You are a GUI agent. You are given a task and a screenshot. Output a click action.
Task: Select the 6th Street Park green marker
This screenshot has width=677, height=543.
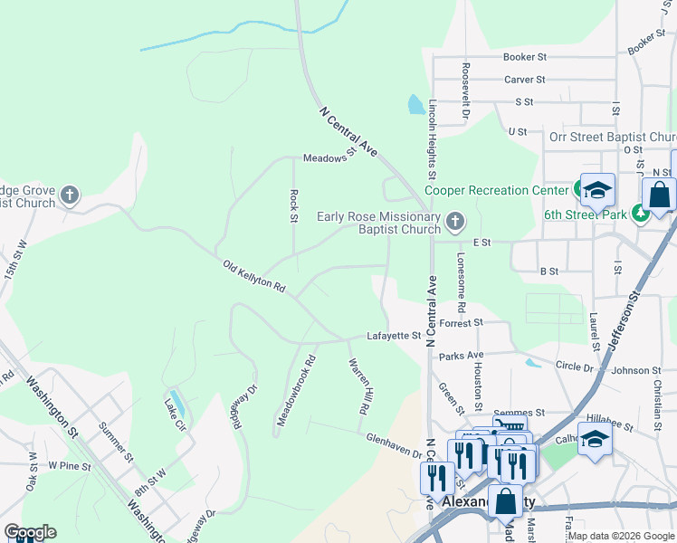[x=641, y=213]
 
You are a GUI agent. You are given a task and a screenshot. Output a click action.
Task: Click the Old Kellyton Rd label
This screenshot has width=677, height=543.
[x=254, y=276]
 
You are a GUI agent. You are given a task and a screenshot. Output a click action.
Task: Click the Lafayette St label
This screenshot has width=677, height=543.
[x=394, y=336]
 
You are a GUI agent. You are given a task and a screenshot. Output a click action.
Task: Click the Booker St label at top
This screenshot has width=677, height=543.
[x=525, y=56]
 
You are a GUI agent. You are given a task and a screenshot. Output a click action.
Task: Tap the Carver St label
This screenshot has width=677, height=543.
[x=525, y=80]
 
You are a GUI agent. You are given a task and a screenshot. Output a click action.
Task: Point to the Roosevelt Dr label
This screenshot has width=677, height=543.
[x=464, y=91]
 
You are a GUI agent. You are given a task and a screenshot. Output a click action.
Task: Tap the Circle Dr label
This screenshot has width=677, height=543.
[x=574, y=368]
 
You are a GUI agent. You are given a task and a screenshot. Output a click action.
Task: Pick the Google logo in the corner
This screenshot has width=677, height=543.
[x=30, y=532]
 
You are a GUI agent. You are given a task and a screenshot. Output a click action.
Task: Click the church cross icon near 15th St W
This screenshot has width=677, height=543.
[x=69, y=195]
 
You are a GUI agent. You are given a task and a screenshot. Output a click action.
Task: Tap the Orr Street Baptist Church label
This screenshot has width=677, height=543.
[x=612, y=138]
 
